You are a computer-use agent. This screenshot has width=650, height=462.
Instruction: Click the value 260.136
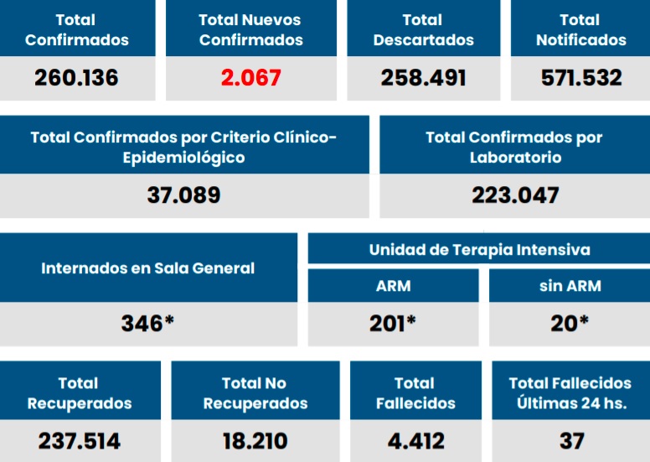click(x=76, y=78)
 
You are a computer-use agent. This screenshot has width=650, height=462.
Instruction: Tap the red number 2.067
click(x=250, y=78)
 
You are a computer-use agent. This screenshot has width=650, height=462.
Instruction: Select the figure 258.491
click(x=423, y=78)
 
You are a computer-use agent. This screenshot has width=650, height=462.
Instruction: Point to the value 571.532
click(x=580, y=78)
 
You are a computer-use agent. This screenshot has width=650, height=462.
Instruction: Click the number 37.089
click(x=183, y=195)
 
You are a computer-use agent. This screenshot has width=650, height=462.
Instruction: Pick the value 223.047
click(x=514, y=195)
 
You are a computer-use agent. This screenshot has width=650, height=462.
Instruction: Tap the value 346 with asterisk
click(x=147, y=323)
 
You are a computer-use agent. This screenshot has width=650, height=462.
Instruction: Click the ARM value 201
click(x=393, y=323)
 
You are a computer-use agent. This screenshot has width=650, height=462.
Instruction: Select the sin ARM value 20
click(x=570, y=323)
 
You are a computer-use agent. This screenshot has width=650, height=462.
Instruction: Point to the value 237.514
click(x=79, y=440)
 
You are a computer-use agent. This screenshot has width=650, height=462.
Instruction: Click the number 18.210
click(x=255, y=440)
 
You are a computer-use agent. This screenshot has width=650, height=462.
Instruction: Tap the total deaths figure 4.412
click(x=415, y=440)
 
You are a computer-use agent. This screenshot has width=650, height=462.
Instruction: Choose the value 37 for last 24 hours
click(x=571, y=440)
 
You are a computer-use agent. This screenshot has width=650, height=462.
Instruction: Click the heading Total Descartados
click(x=423, y=29)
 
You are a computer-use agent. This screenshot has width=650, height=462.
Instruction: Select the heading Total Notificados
click(x=580, y=29)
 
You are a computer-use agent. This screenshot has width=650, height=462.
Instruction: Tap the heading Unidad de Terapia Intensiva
click(x=479, y=250)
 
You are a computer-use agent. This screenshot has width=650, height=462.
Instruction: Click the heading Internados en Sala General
click(x=147, y=268)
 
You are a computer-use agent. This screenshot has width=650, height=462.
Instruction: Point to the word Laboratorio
click(x=514, y=157)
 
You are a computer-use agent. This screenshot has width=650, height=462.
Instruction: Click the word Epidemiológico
click(x=183, y=157)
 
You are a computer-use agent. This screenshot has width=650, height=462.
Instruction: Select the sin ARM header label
click(x=570, y=285)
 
